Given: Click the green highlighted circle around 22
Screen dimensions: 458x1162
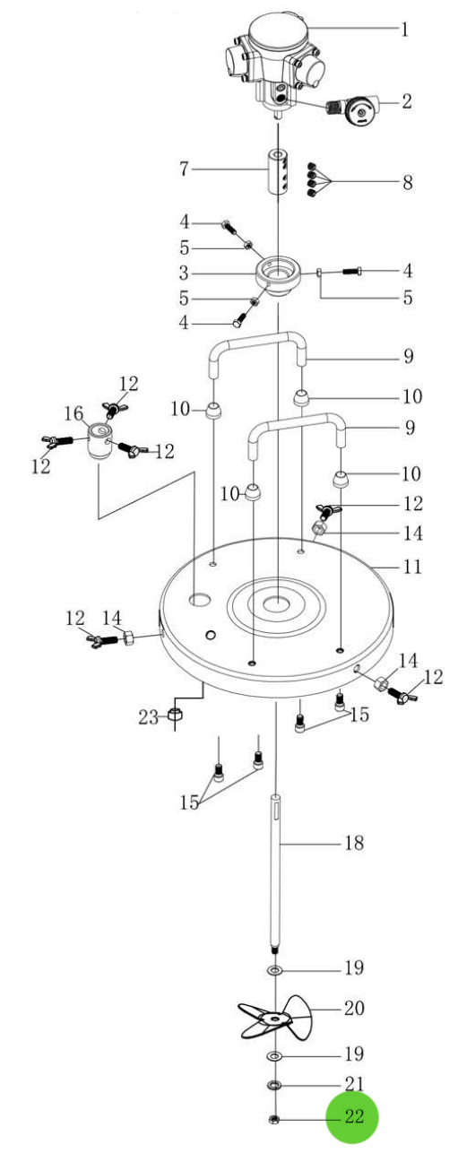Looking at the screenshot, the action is pyautogui.click(x=351, y=1117).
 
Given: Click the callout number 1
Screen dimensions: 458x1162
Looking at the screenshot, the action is pyautogui.click(x=404, y=29).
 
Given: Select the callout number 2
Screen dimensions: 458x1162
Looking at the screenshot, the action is pyautogui.click(x=406, y=100).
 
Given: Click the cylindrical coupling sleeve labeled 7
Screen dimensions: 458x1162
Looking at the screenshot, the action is pyautogui.click(x=279, y=172).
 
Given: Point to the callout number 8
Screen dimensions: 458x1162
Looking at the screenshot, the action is pyautogui.click(x=408, y=182).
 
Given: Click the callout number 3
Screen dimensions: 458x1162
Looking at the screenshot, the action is pyautogui.click(x=184, y=273).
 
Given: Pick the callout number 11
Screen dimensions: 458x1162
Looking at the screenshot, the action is pyautogui.click(x=413, y=566).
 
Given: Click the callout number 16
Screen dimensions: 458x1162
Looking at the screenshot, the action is pyautogui.click(x=73, y=413).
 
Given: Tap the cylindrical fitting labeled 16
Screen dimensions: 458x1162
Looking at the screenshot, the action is pyautogui.click(x=99, y=440).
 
